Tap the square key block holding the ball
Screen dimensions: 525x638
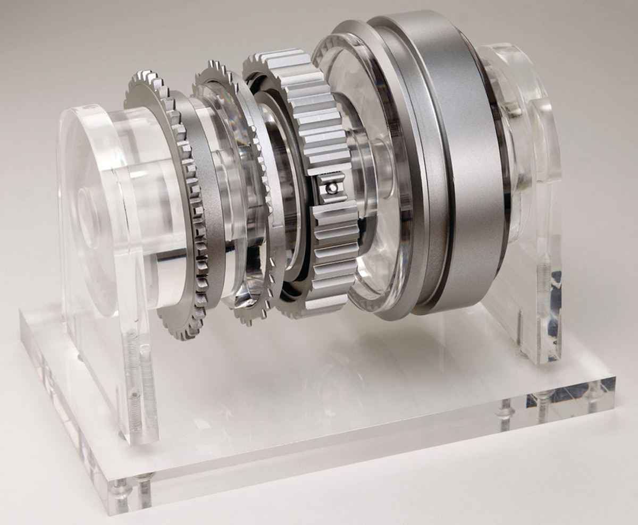pyautogui.click(x=330, y=187)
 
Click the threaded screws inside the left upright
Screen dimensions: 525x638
pyautogui.click(x=136, y=383)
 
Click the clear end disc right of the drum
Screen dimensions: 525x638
pyautogui.click(x=510, y=138)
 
